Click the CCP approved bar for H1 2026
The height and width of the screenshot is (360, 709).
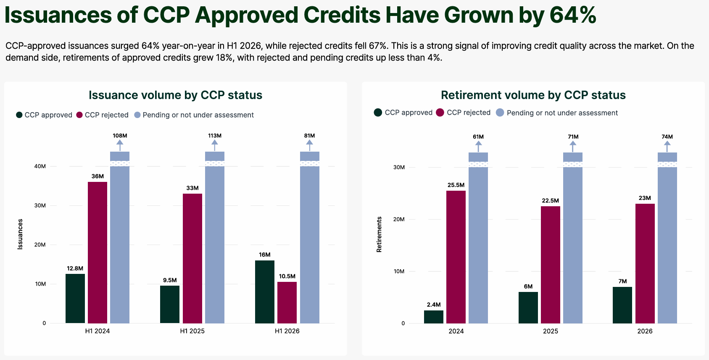(265, 292)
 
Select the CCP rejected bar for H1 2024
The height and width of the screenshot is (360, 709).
(98, 252)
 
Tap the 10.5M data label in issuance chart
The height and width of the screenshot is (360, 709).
(287, 276)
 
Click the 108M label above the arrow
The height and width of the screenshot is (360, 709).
(120, 136)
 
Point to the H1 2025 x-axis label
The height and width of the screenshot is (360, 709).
(192, 331)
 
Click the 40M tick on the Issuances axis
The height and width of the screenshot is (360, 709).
(40, 166)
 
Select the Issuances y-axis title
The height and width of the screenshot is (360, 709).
(20, 234)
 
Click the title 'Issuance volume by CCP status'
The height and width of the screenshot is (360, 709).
(175, 95)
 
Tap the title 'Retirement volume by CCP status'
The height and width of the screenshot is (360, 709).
(533, 95)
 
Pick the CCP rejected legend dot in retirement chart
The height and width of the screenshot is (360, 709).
(440, 113)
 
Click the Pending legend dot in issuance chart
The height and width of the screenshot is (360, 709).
(137, 115)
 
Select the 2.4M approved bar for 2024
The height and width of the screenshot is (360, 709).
(434, 317)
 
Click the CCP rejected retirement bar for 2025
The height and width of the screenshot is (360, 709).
(551, 265)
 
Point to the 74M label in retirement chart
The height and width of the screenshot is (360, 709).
(667, 137)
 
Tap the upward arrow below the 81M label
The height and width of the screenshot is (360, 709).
(310, 145)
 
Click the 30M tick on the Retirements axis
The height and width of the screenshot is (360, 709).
(399, 167)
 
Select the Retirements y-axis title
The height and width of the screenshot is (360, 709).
(379, 234)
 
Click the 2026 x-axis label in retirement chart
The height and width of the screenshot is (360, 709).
(645, 331)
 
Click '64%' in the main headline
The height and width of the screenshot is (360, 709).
(573, 15)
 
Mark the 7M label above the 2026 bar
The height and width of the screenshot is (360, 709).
(622, 281)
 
